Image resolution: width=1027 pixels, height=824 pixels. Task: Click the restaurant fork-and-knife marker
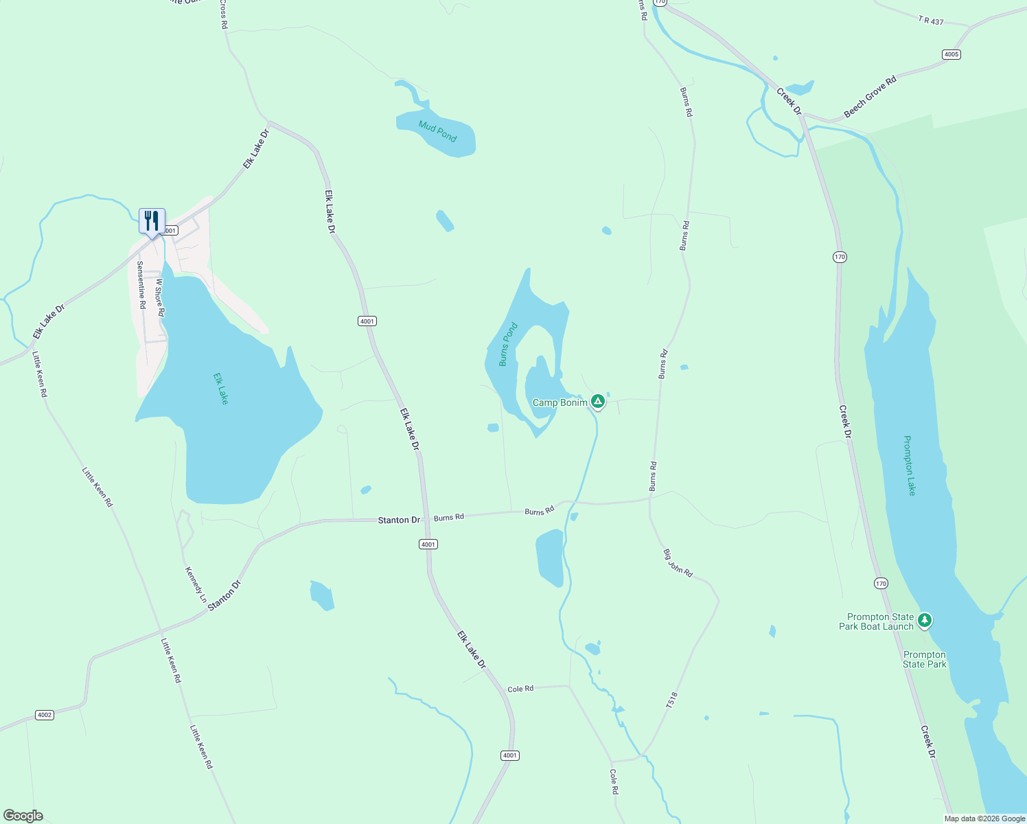152,221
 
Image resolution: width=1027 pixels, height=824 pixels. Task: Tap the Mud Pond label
437,131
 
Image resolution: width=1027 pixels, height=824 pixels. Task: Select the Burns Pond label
507,345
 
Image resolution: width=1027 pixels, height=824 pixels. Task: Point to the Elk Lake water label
220,389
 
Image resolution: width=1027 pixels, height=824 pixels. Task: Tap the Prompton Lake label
910,465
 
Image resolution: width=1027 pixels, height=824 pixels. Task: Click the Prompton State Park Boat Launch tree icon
925,621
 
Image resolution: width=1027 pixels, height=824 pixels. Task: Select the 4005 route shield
951,54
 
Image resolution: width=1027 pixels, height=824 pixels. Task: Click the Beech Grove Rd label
870,97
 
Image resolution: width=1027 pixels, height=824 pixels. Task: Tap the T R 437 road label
931,21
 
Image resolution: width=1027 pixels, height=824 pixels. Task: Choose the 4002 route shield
45,715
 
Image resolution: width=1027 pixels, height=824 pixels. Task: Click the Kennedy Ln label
195,584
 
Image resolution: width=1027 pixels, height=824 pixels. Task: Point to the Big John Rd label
678,563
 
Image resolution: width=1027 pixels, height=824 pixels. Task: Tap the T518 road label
671,700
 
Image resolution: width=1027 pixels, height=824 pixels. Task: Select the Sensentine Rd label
141,284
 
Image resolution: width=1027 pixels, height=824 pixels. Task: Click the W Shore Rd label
159,297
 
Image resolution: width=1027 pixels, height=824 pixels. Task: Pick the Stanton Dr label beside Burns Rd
399,520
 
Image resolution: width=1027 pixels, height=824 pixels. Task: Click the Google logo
23,816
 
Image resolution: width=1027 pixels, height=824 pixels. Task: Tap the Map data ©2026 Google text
984,819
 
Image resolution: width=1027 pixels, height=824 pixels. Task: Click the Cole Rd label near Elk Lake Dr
520,689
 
